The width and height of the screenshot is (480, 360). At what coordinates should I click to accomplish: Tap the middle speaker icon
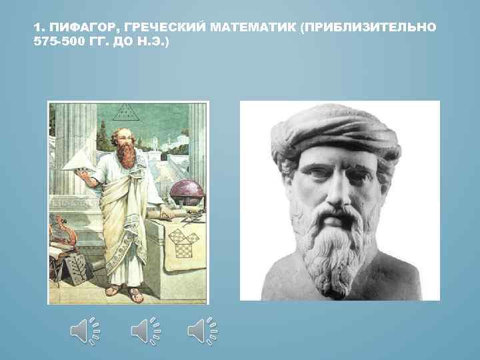[143, 331]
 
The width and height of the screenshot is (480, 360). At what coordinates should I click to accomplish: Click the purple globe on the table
[185, 193]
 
